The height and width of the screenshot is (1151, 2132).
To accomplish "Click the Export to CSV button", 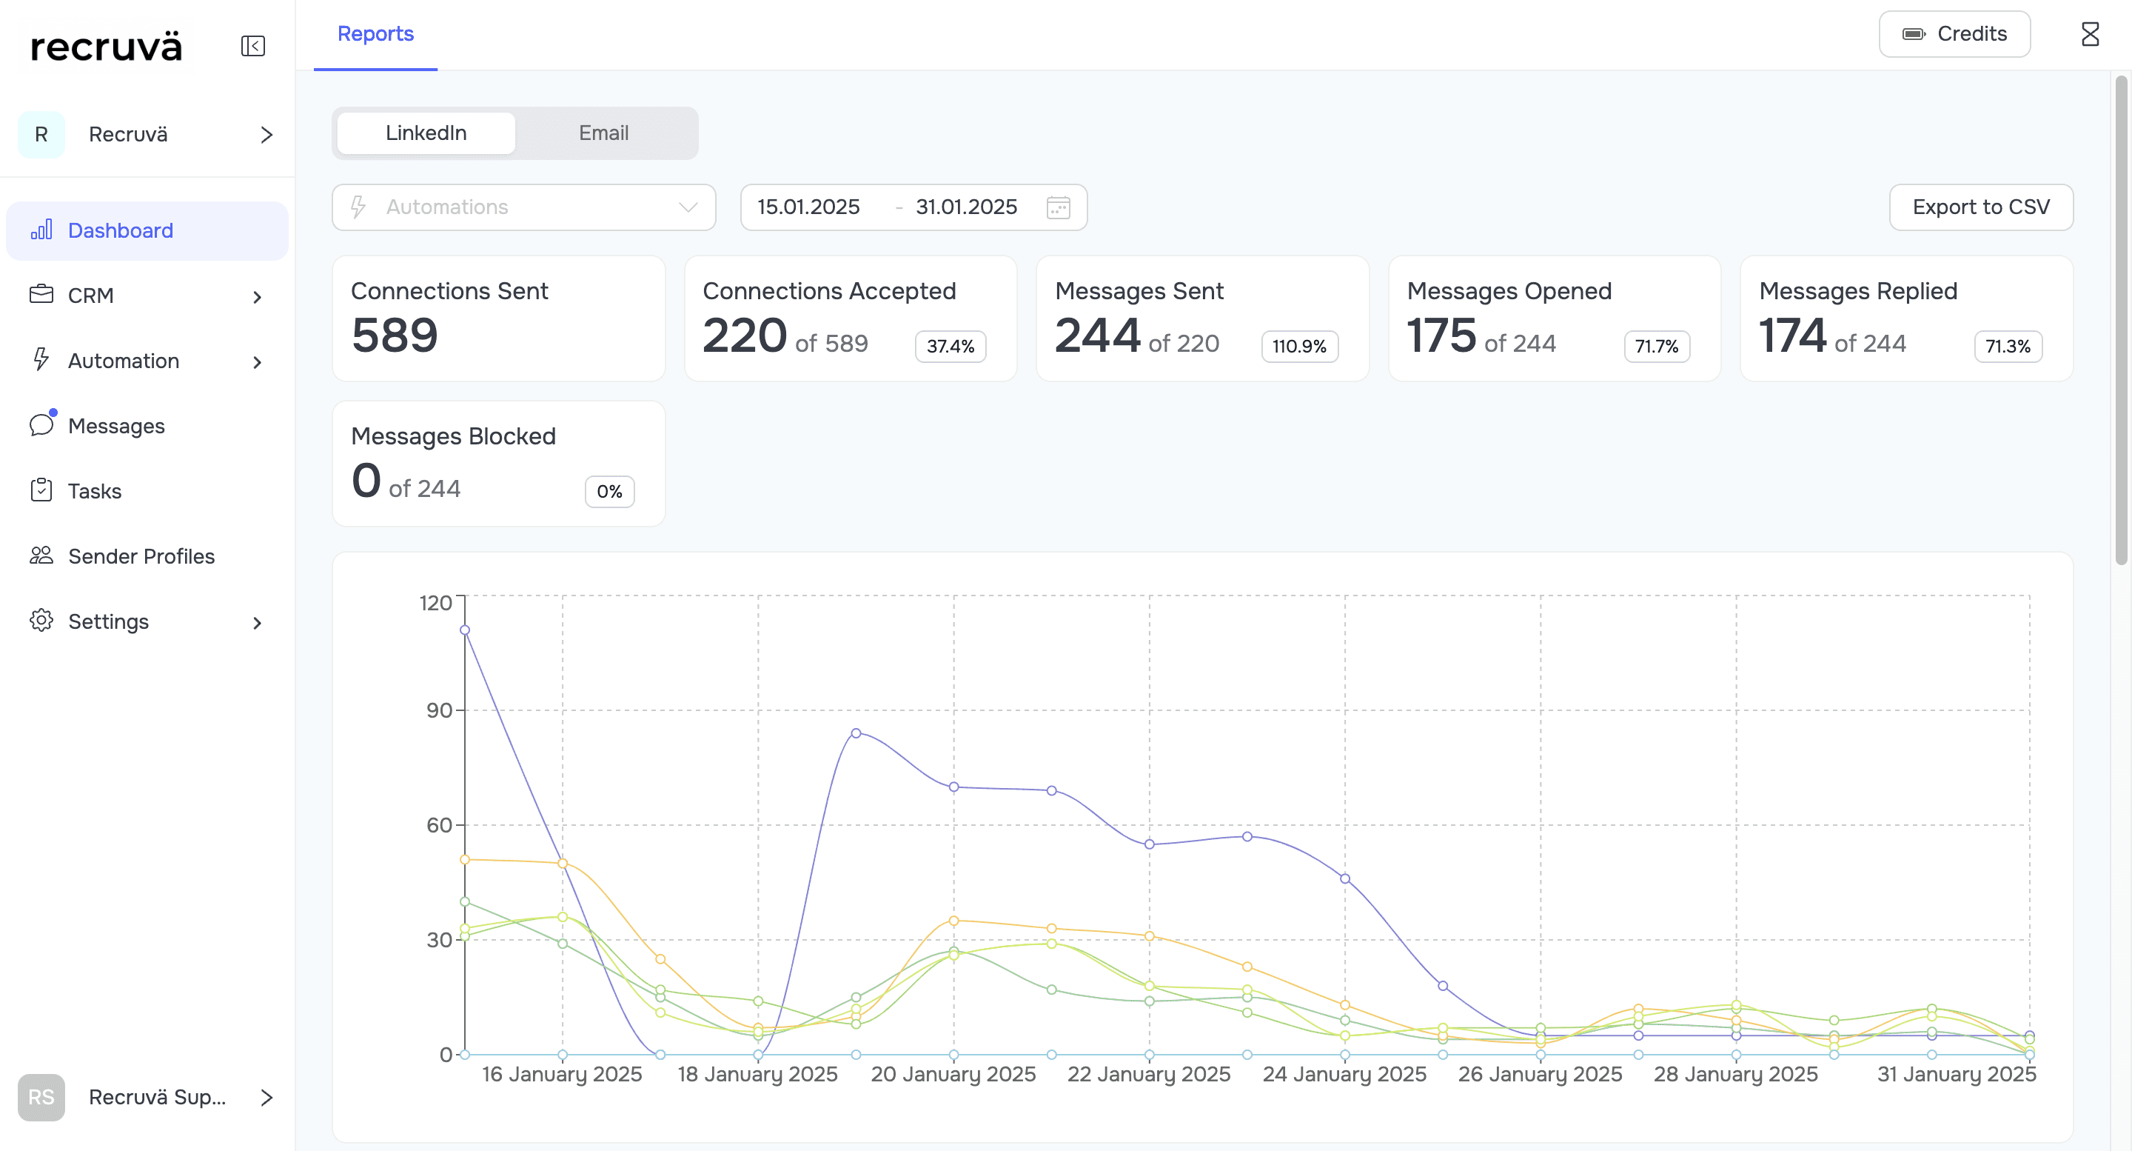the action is pos(1980,207).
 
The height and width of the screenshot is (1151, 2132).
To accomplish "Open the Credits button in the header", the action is pos(1954,34).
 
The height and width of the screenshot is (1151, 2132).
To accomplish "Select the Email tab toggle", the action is pos(603,133).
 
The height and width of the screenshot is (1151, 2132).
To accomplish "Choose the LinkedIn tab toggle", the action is pos(426,133).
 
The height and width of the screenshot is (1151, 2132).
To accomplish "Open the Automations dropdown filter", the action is pos(524,207).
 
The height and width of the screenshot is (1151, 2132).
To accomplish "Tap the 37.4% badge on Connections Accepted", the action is pos(950,346).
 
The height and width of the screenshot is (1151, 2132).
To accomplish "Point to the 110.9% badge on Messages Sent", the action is pos(1299,346).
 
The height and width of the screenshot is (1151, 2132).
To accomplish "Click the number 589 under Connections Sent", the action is pos(395,335).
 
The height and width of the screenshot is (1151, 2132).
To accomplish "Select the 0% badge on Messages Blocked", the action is pos(610,491).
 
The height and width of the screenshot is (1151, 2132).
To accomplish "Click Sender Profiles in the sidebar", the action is pos(141,556).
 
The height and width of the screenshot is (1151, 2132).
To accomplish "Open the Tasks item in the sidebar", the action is pos(94,491).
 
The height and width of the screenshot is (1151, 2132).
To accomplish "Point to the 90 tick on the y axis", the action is pos(439,710).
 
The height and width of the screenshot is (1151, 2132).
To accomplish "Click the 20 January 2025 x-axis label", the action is pos(953,1074).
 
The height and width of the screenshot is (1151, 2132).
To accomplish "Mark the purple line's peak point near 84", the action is pos(856,733).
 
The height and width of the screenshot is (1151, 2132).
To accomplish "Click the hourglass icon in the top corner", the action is pos(2090,34).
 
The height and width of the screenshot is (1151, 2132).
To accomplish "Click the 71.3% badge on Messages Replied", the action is pos(2008,346).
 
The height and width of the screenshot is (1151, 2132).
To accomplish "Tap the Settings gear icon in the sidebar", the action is pos(41,620).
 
